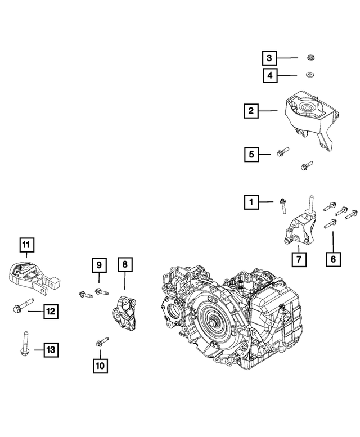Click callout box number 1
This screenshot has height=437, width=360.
pos(251,201)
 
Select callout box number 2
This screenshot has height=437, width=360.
pos(251,111)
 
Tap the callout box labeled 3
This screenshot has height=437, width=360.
pos(269,57)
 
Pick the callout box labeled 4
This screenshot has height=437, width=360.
pos(269,74)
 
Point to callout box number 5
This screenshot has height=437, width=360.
pos(251,154)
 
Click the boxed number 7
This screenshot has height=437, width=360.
pos(299,259)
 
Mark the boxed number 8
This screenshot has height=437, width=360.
pos(125,264)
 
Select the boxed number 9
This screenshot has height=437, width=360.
pos(98,264)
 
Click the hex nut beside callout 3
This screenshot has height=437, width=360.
pos(310,57)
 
